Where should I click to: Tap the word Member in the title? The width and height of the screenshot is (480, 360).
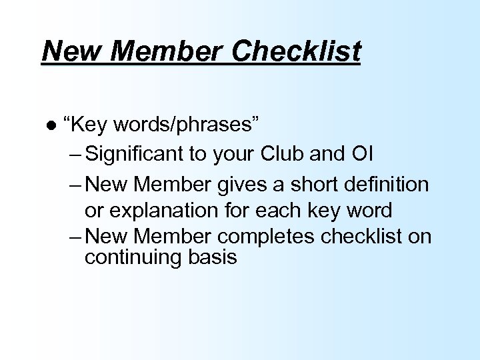click(156, 51)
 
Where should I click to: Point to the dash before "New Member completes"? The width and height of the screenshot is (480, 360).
click(74, 237)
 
